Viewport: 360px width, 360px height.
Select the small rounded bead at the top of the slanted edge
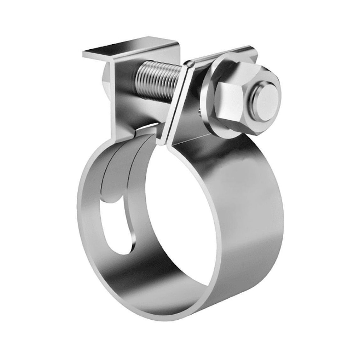pyautogui.click(x=190, y=64)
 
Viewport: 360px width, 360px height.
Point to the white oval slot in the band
pyautogui.click(x=114, y=227)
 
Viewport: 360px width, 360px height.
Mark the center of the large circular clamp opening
pyautogui.click(x=180, y=220)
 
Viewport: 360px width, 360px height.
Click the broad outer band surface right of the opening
pyautogui.click(x=252, y=216)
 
